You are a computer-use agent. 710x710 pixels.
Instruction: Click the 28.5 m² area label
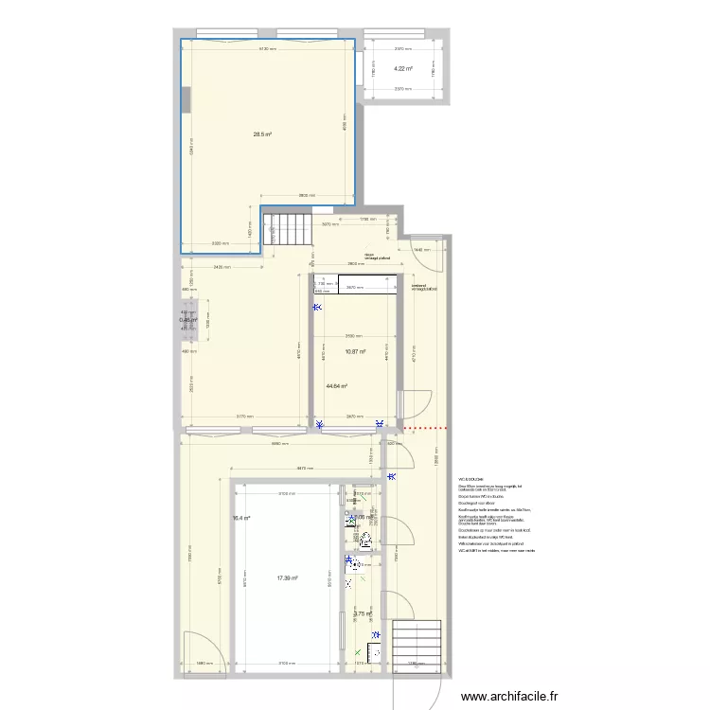point(262,134)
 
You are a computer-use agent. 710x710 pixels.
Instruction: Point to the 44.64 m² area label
point(336,386)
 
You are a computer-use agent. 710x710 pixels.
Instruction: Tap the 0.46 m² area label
point(187,321)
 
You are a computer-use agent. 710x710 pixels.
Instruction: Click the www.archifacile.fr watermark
point(518,698)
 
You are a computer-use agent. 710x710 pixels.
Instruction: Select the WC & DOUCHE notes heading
point(470,480)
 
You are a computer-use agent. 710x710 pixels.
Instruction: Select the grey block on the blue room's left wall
point(186,98)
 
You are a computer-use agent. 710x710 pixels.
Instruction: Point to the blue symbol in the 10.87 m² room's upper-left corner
point(319,307)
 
